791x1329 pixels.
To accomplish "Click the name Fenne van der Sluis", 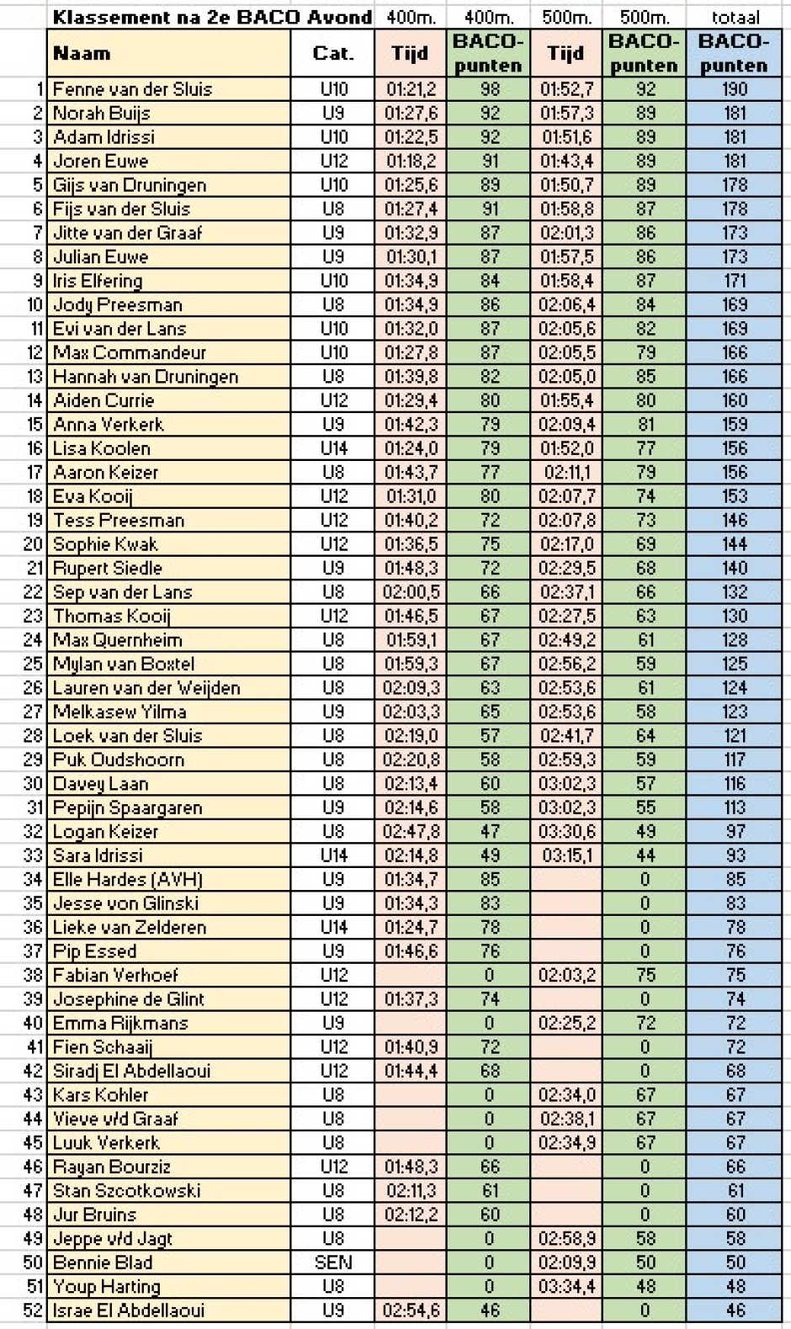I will pos(132,89).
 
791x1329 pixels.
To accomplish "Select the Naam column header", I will pos(82,54).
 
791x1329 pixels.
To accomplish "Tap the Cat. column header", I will pos(333,54).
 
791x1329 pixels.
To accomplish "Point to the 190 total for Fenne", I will pos(735,89).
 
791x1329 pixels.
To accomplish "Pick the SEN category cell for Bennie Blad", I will pos(333,1263).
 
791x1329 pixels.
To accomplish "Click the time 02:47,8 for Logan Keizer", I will pos(411,831).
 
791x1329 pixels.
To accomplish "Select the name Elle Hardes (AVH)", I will pos(128,879).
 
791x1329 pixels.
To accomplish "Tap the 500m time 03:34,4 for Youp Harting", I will pos(566,1286).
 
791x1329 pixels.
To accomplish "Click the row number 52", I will pos(34,1310).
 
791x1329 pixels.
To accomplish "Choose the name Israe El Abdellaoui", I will pos(129,1310).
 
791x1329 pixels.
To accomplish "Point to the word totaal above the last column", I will pos(735,17).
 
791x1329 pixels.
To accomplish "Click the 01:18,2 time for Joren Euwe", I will pos(411,161).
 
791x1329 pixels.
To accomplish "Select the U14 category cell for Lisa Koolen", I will pos(333,448).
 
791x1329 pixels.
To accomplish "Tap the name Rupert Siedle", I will pos(108,568).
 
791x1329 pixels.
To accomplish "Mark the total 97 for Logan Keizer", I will pos(735,831).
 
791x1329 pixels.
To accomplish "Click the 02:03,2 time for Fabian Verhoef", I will pos(566,975).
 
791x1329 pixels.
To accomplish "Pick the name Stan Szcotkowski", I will pos(127,1190).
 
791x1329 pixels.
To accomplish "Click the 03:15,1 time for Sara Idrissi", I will pos(566,855).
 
